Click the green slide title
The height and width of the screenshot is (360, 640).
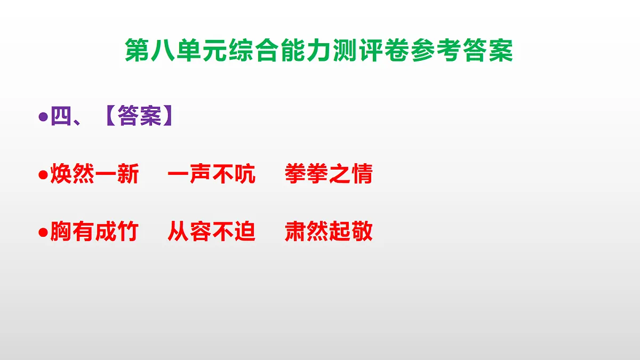click(x=319, y=51)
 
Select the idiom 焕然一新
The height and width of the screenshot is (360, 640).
click(x=94, y=174)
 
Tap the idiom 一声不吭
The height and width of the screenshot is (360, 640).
click(x=212, y=174)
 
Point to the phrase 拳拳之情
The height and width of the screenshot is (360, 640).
click(x=329, y=174)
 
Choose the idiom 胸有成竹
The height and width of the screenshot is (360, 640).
click(x=94, y=232)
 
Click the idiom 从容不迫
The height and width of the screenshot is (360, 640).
click(x=212, y=232)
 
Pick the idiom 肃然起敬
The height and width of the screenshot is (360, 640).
click(x=329, y=232)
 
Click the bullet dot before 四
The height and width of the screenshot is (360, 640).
click(x=44, y=117)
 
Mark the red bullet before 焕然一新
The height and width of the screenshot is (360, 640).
click(x=44, y=175)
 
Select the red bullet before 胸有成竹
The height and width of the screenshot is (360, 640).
click(x=44, y=233)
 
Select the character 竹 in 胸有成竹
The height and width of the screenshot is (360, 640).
click(x=128, y=232)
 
